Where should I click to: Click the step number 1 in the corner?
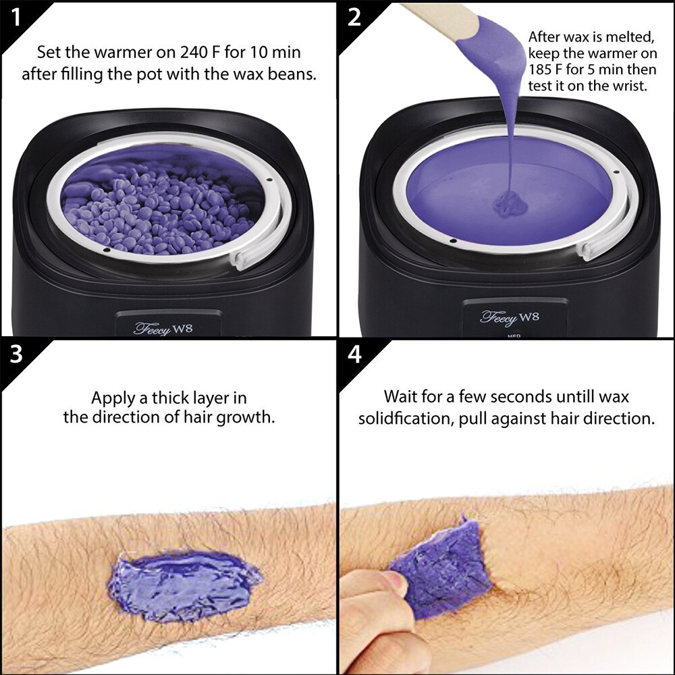pyautogui.click(x=16, y=18)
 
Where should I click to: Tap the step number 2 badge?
pyautogui.click(x=354, y=18)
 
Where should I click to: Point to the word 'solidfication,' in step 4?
pyautogui.click(x=406, y=418)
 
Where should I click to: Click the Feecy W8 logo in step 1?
pyautogui.click(x=163, y=329)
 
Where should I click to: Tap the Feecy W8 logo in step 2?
pyautogui.click(x=509, y=318)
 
